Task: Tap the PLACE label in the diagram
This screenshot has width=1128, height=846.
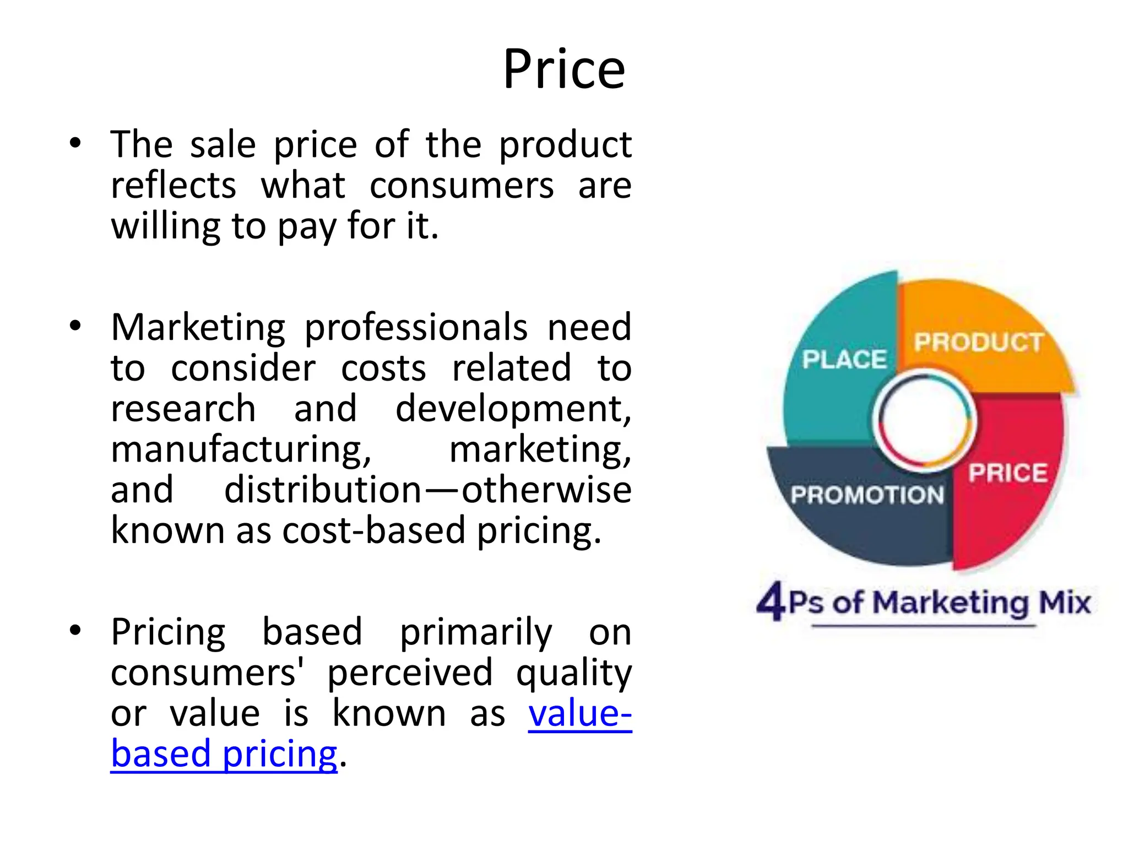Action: pos(844,360)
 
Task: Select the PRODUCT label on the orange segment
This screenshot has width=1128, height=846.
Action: pos(978,342)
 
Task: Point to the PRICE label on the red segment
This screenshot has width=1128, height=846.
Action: pos(1008,473)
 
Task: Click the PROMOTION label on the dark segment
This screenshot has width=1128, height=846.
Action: pos(867,495)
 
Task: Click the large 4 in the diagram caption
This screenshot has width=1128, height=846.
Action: pos(771,601)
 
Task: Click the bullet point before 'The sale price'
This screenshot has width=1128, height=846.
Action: pos(75,144)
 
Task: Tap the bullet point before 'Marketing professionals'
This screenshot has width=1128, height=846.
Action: pos(75,327)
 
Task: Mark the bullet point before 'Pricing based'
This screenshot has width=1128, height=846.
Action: pos(75,631)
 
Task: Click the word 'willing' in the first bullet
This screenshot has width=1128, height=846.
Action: pos(165,226)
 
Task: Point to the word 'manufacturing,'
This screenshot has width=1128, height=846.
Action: pos(241,449)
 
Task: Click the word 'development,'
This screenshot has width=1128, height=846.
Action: pos(513,409)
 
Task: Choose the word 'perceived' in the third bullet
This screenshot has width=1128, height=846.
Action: pos(410,673)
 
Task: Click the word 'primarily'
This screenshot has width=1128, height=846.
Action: pos(475,632)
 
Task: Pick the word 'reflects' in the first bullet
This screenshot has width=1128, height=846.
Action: pos(173,185)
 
